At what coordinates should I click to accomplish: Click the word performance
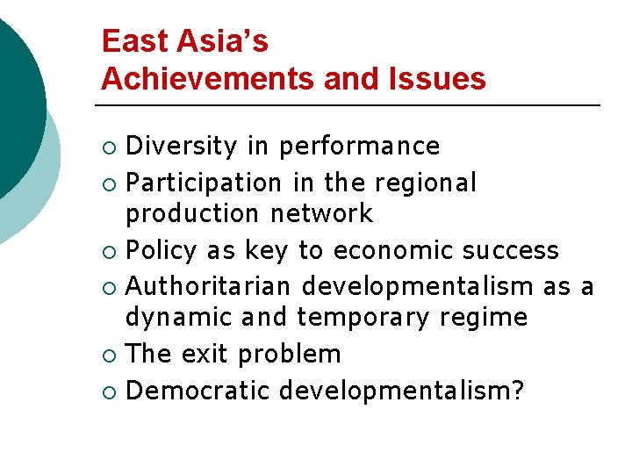[359, 146]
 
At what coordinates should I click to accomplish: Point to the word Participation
[203, 183]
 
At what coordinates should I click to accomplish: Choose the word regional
[425, 183]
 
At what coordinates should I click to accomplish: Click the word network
[321, 213]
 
